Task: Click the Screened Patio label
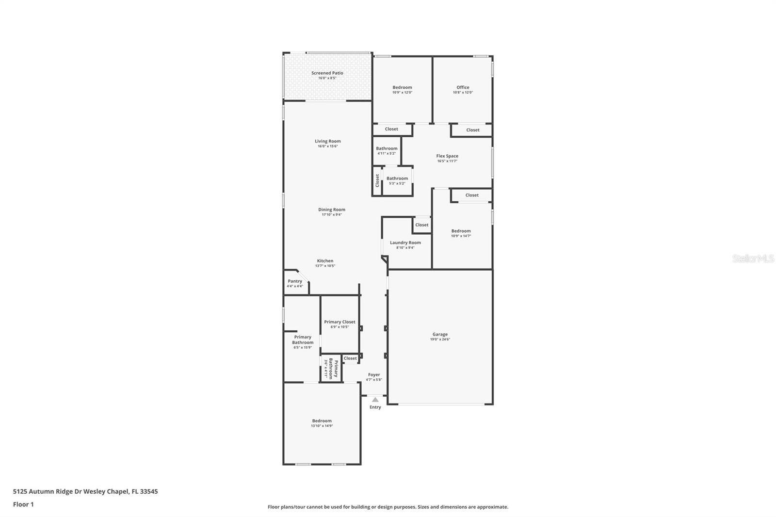pos(327,73)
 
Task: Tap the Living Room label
pos(328,141)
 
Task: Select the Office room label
pos(463,87)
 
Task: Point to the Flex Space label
pos(447,156)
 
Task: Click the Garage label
pos(440,334)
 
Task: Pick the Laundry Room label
pos(405,242)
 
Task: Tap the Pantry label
pos(295,281)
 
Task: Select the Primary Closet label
pos(339,322)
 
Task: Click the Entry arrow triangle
pos(375,400)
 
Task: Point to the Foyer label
pos(374,374)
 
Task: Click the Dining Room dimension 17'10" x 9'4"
pos(332,214)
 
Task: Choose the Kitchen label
pos(325,261)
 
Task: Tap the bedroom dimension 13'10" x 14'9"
pos(322,426)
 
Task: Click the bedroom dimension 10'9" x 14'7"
pos(461,236)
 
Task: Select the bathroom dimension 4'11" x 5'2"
pos(387,153)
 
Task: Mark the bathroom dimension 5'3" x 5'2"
pos(397,183)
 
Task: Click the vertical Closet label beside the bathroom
pos(377,180)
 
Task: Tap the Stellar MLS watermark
pos(753,259)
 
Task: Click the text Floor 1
pos(23,504)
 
